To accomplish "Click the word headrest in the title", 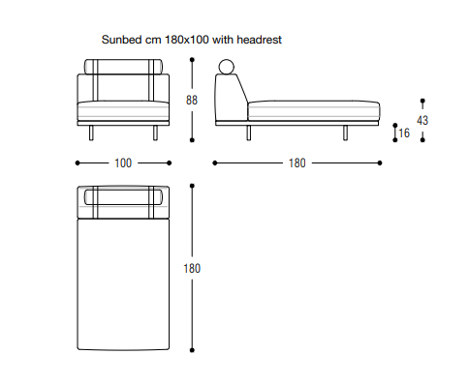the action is (260, 40).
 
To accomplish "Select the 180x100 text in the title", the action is (187, 40).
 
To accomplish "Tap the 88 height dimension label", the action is (192, 100).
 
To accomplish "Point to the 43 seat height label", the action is (422, 120).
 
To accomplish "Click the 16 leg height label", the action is (404, 133).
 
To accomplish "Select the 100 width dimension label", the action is (123, 163).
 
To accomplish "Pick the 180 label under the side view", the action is (297, 163).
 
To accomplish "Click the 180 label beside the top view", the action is (192, 268).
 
